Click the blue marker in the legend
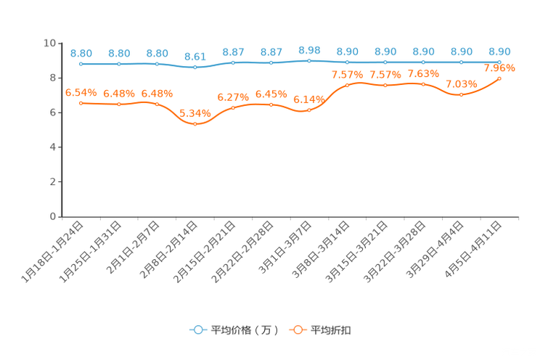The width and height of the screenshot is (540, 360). tap(197, 330)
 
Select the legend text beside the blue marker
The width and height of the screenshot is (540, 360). tap(245, 330)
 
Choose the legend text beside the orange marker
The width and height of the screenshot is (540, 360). tap(332, 330)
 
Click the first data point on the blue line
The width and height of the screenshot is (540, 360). tap(81, 64)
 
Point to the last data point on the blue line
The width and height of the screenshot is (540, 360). tap(499, 62)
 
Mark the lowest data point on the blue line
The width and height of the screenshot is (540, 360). tap(195, 67)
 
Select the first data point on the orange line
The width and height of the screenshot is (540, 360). tap(81, 104)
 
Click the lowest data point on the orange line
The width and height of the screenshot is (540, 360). tap(195, 124)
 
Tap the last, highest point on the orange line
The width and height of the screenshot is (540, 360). tap(499, 78)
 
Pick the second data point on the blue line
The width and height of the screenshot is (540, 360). tap(118, 65)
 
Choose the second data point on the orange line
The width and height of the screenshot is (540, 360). tap(118, 105)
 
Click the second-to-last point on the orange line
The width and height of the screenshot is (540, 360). tap(461, 94)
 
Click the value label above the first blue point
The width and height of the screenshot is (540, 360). tap(81, 53)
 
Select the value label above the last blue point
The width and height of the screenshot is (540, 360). tap(499, 52)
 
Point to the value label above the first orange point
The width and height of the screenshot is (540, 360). tap(81, 93)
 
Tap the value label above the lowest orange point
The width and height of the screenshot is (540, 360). tap(195, 113)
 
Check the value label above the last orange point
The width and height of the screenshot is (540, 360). tap(499, 68)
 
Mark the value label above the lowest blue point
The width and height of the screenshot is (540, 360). tap(195, 56)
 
